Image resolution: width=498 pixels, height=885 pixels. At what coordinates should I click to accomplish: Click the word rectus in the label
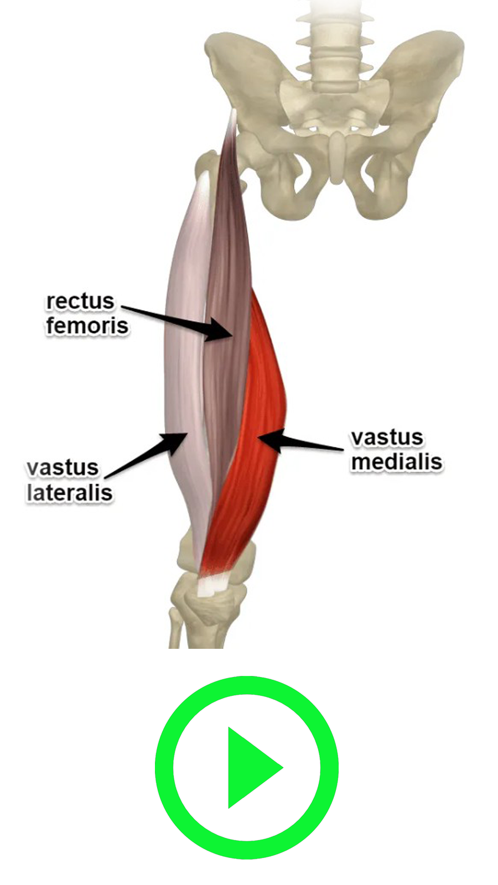pos(80,302)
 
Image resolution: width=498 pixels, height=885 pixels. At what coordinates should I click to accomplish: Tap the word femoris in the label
pos(87,326)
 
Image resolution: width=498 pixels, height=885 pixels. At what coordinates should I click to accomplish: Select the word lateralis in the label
pos(70,493)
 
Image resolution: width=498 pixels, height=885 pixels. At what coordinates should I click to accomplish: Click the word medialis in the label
pos(397,462)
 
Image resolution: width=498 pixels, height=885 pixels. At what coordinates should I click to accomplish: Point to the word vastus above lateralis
pos(63,468)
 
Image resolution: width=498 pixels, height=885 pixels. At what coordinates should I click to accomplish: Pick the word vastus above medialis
pos(387,438)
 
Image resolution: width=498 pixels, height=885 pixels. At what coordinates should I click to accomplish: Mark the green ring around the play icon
pos(164,768)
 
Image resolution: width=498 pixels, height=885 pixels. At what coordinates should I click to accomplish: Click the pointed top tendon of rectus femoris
pos(233,119)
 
